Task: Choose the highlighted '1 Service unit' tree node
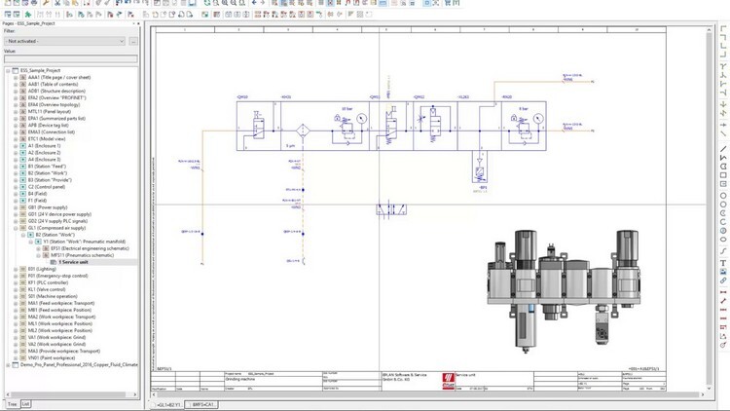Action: click(x=74, y=261)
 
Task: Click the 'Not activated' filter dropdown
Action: click(x=64, y=42)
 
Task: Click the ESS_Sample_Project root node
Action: click(x=40, y=70)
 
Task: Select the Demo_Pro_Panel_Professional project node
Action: click(x=74, y=363)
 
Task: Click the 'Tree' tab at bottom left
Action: click(x=12, y=403)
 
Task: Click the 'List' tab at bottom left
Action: click(x=26, y=403)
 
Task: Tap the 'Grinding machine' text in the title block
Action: click(x=239, y=376)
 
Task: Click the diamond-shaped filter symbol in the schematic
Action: click(x=303, y=130)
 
